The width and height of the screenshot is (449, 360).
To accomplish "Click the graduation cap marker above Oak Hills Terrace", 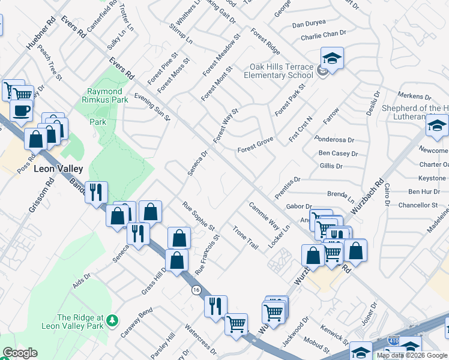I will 332,59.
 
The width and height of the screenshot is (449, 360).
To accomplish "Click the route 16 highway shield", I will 196,290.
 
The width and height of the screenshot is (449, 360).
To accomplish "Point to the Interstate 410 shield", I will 394,340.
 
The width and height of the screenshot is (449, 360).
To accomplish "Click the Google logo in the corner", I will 20,353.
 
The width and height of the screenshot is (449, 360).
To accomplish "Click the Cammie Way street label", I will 264,216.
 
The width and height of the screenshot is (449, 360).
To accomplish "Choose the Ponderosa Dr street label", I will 334,139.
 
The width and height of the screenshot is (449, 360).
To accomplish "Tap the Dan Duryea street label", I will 309,25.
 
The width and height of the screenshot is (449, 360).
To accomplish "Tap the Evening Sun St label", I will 152,106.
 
